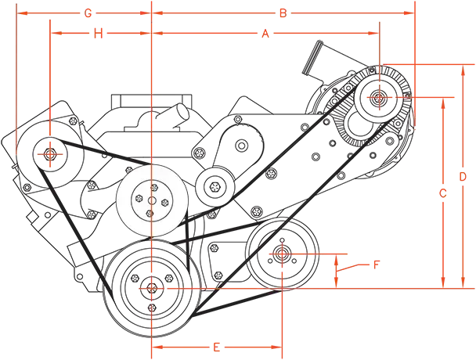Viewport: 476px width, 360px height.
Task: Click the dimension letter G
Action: [88, 13]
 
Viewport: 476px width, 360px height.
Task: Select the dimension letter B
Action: [283, 13]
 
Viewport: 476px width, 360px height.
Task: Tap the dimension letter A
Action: [265, 34]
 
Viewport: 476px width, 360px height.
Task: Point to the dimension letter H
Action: [98, 34]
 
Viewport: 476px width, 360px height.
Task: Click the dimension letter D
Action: [463, 177]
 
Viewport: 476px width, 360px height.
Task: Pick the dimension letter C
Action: [443, 193]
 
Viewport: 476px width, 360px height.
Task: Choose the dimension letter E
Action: [216, 347]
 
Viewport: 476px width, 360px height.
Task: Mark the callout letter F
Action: [377, 265]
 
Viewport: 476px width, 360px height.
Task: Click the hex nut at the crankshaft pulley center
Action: [151, 288]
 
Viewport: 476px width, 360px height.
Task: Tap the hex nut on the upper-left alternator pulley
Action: [50, 154]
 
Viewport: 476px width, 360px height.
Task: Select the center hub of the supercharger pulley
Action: [379, 97]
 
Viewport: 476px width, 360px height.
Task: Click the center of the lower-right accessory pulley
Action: [282, 254]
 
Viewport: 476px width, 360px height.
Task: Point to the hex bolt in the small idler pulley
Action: [215, 186]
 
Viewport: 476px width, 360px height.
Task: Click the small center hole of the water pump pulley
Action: [151, 200]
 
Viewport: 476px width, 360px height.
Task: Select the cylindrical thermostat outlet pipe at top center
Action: [173, 113]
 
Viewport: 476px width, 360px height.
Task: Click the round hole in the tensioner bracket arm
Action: [242, 146]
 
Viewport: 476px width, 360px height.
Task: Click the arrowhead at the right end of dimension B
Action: [409, 13]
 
